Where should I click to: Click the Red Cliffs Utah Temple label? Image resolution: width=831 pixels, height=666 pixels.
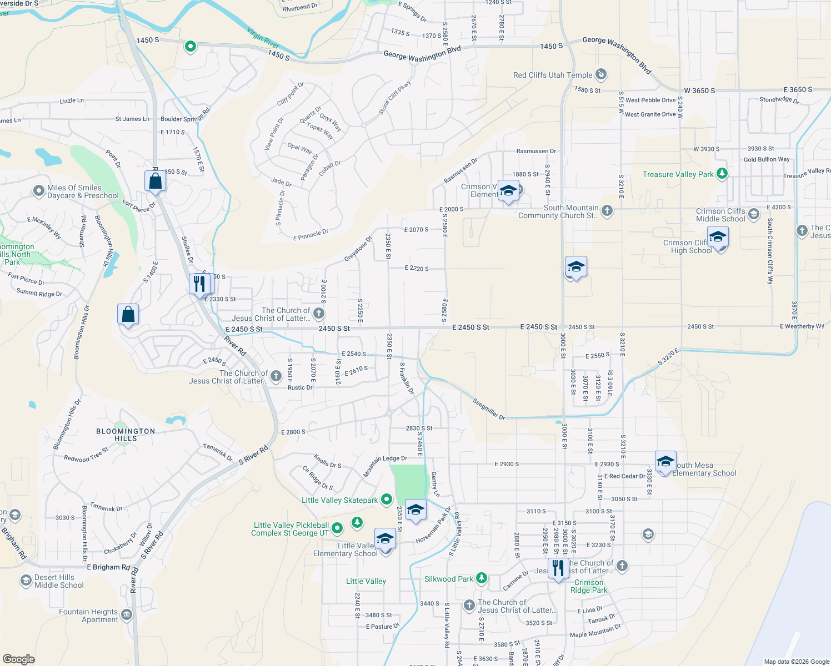553,75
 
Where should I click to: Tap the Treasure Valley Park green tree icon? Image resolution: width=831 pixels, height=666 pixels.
722,174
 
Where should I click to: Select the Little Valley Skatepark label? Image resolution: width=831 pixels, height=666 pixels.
339,500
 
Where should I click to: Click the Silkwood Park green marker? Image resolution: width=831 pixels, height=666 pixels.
482,579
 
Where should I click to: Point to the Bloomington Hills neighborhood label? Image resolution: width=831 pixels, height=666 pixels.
126,435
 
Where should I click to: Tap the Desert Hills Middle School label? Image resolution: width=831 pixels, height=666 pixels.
59,581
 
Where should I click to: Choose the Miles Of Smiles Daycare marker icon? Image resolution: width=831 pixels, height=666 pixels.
38,191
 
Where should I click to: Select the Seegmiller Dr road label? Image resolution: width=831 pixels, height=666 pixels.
489,409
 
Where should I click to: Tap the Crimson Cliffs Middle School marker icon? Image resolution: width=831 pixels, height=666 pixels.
753,214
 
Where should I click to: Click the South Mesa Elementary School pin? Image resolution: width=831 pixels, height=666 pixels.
665,462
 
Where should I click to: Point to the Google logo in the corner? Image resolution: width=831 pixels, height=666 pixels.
18,659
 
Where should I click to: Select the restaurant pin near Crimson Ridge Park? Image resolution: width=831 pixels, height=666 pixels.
558,568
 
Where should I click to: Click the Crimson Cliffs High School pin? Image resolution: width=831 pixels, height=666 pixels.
718,238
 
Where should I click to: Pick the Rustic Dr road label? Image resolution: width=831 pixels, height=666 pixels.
300,387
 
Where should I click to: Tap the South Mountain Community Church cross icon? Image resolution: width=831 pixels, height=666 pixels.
607,210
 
